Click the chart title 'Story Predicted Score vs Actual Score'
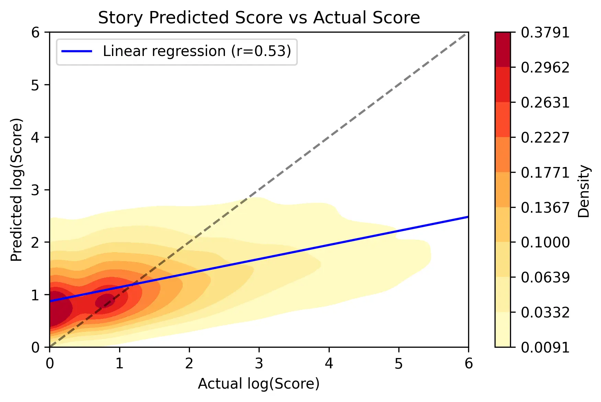pyautogui.click(x=259, y=18)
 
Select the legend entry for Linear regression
pyautogui.click(x=197, y=52)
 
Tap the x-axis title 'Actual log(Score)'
pyautogui.click(x=259, y=384)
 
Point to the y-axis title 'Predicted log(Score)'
pyautogui.click(x=16, y=190)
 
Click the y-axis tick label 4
pyautogui.click(x=35, y=137)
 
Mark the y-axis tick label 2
pyautogui.click(x=35, y=242)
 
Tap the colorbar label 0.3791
pyautogui.click(x=545, y=33)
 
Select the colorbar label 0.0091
pyautogui.click(x=545, y=347)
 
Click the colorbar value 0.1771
pyautogui.click(x=545, y=172)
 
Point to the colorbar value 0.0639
pyautogui.click(x=545, y=277)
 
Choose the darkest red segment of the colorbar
pyautogui.click(x=502, y=49)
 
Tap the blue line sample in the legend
pyautogui.click(x=77, y=52)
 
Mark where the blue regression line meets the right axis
pyautogui.click(x=468, y=217)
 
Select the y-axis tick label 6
pyautogui.click(x=35, y=33)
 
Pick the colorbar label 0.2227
pyautogui.click(x=545, y=137)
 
